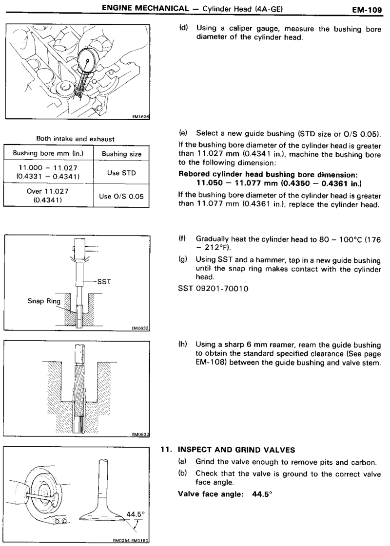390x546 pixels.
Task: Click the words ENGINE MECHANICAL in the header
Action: coord(137,8)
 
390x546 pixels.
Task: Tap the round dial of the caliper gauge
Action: coord(87,60)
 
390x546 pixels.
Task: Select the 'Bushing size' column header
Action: coord(121,154)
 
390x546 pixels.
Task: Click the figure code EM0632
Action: coord(139,328)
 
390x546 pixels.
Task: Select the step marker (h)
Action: coord(184,344)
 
